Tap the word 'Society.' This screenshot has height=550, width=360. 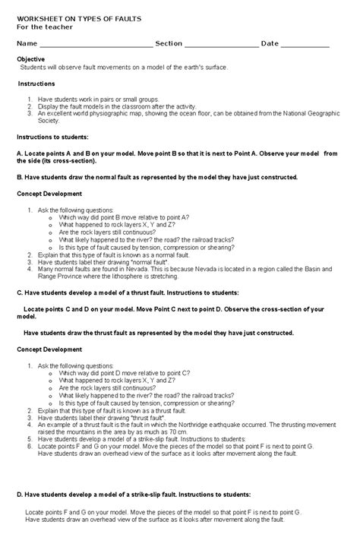click(x=48, y=120)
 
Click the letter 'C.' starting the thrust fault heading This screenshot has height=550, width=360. click(x=20, y=292)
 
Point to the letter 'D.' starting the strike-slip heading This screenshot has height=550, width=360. click(x=20, y=494)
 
